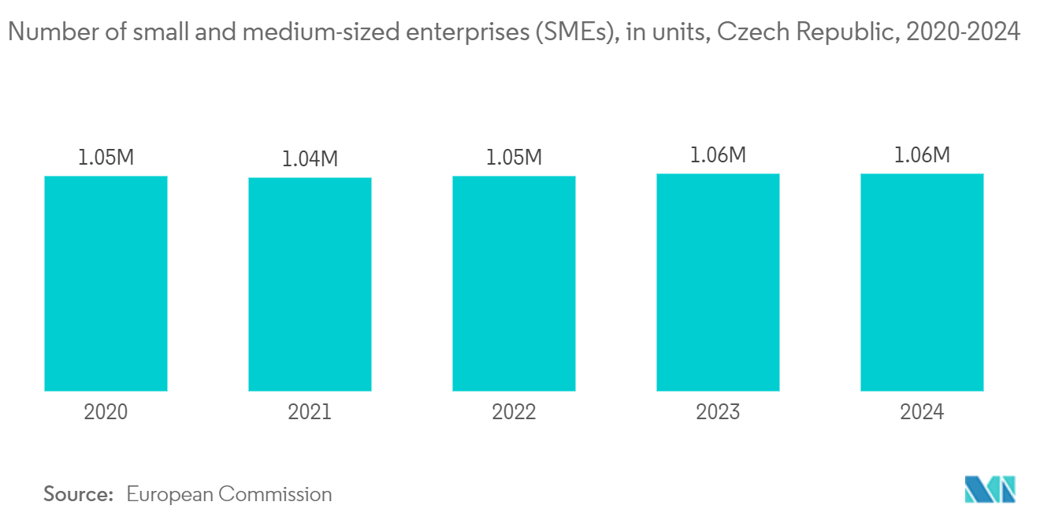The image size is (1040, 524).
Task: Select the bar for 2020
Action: click(x=106, y=283)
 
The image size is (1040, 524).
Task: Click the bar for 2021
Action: click(x=310, y=284)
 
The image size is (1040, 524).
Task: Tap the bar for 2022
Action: click(x=514, y=283)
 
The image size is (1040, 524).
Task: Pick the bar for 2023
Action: click(x=718, y=282)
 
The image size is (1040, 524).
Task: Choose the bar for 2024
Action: click(x=922, y=282)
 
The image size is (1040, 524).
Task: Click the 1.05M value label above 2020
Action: click(x=106, y=158)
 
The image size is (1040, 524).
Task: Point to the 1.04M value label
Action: click(x=310, y=159)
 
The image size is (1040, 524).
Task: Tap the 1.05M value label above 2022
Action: click(x=514, y=158)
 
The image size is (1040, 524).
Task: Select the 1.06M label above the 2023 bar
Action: click(x=718, y=155)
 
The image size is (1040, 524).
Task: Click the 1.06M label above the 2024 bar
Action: click(x=922, y=155)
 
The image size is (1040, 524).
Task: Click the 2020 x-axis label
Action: click(x=106, y=412)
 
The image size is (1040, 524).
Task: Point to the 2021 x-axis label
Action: click(x=310, y=412)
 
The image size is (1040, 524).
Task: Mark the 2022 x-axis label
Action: click(x=514, y=412)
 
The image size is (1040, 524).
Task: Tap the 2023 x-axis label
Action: click(x=718, y=412)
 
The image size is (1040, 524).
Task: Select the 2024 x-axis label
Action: click(x=922, y=412)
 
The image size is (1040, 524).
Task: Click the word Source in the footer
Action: click(x=78, y=495)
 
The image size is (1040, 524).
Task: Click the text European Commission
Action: click(x=229, y=495)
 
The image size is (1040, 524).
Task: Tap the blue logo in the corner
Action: click(x=990, y=489)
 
